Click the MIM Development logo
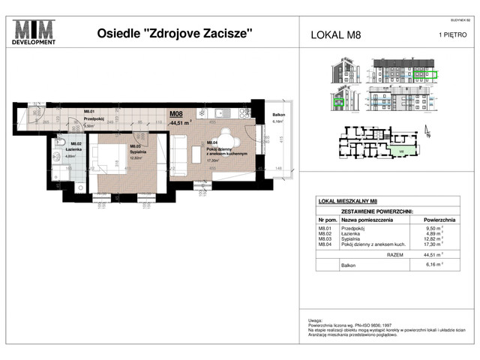(x=35, y=32)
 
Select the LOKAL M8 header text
(x=335, y=34)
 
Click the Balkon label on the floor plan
(x=277, y=115)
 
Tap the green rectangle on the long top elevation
(x=424, y=75)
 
